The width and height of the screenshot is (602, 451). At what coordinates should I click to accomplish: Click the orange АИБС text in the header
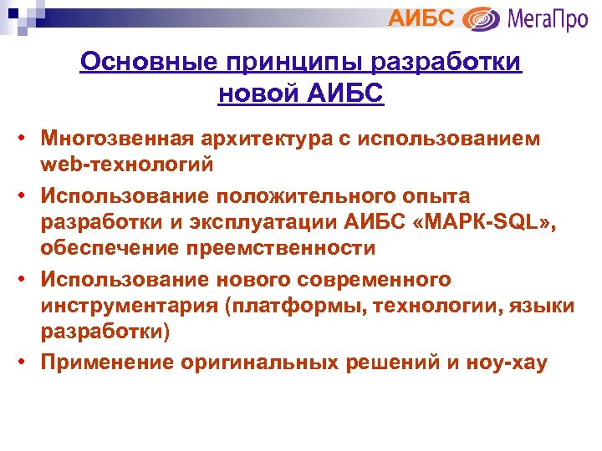pyautogui.click(x=422, y=17)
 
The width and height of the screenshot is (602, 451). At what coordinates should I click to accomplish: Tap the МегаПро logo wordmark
pyautogui.click(x=548, y=18)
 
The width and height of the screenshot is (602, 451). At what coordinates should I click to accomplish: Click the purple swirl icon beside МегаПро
pyautogui.click(x=482, y=18)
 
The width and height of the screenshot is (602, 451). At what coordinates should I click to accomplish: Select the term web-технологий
pyautogui.click(x=128, y=164)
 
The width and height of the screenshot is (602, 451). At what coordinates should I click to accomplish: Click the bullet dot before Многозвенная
pyautogui.click(x=28, y=139)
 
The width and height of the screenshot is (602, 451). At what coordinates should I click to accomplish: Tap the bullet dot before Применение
pyautogui.click(x=28, y=363)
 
